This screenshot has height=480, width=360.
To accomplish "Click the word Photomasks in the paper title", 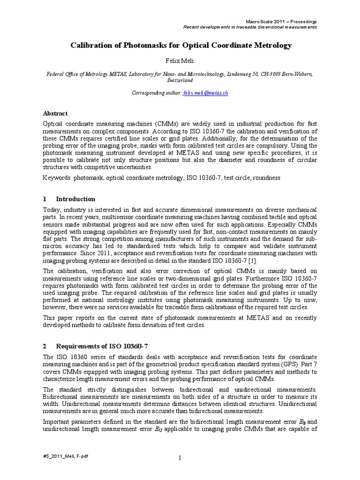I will coord(129,45).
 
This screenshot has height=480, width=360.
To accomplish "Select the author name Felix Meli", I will coord(180,61).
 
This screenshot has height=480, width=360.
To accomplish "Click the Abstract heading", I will coord(55,113).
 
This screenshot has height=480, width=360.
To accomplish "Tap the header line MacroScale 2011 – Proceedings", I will coord(281,22).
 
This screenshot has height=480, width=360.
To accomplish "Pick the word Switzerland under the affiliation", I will coord(180,80).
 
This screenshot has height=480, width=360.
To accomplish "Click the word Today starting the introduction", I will coord(52,209).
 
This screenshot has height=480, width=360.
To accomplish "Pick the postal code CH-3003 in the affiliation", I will coord(269,74).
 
